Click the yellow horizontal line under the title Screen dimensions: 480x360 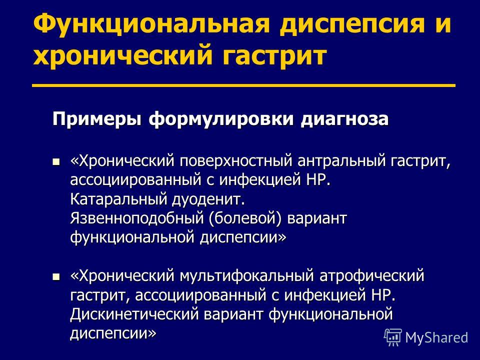[243, 85]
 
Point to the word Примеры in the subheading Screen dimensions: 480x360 [97, 119]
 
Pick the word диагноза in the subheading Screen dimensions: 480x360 [344, 119]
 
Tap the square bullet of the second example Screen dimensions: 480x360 [56, 276]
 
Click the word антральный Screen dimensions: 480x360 [341, 161]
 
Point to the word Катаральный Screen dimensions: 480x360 [118, 199]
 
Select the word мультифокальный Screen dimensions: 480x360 [246, 276]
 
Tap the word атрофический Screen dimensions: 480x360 [372, 276]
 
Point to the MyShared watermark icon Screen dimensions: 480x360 [393, 337]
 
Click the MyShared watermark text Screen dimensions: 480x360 [436, 337]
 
